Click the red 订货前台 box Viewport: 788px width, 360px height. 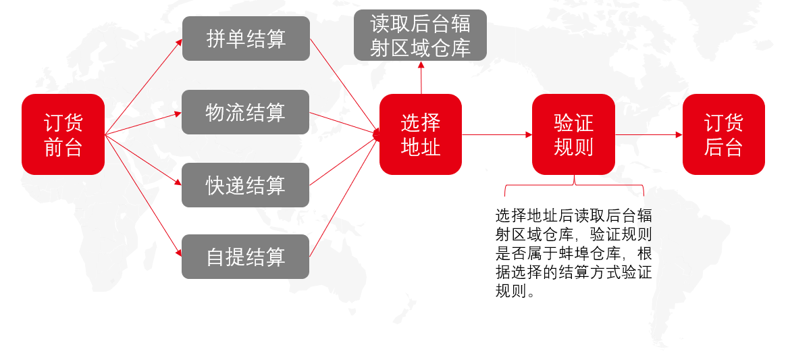click(63, 134)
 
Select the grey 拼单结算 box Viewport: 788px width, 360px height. click(246, 38)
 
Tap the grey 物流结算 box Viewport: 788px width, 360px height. click(245, 112)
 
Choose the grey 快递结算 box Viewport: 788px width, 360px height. click(245, 185)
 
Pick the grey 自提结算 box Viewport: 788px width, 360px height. click(245, 257)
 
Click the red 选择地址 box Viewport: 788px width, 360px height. click(421, 134)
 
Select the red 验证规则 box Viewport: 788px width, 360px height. click(573, 134)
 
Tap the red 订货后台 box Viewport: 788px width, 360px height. click(724, 134)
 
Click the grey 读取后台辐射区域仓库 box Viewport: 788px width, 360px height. click(420, 35)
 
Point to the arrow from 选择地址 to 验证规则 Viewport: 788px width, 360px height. click(497, 135)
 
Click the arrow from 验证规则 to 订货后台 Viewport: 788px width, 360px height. click(649, 135)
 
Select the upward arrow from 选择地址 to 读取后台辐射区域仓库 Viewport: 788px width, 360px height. click(421, 78)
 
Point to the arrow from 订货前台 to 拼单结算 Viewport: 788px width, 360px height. click(143, 87)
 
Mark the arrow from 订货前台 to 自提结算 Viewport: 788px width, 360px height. click(143, 196)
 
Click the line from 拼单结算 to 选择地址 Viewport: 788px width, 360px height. click(345, 86)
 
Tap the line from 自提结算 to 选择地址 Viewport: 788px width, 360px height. click(345, 196)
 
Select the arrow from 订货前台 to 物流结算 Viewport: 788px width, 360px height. click(143, 124)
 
